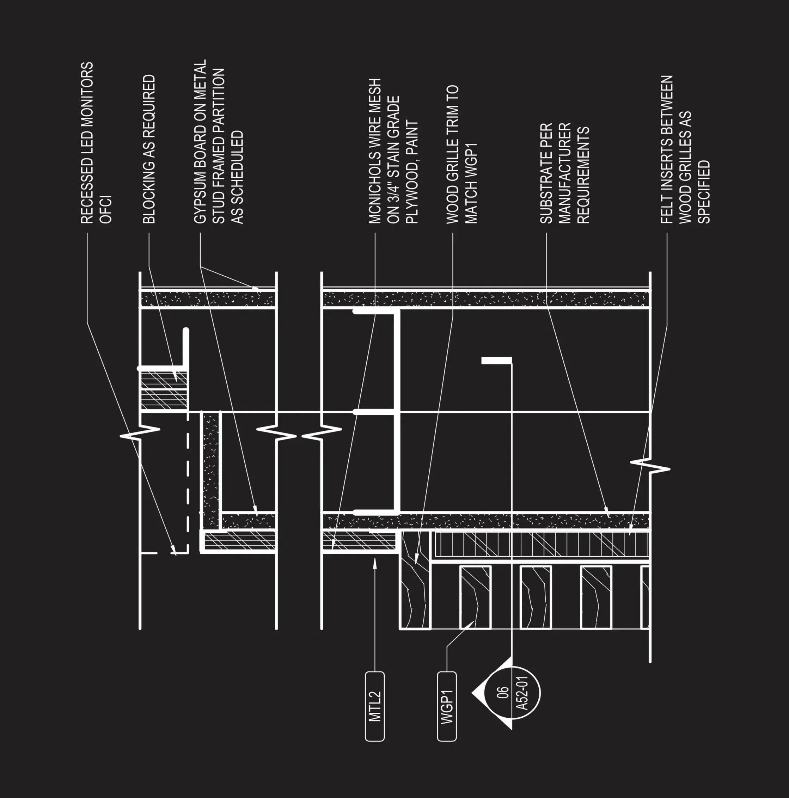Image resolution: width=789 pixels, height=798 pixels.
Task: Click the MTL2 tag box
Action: [375, 706]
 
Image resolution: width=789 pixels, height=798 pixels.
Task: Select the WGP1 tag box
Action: [447, 706]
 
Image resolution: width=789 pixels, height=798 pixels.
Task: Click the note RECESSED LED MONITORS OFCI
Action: [96, 143]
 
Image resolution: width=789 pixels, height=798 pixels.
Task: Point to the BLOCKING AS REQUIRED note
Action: [149, 149]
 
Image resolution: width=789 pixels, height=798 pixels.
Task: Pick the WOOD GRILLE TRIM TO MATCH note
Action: [462, 154]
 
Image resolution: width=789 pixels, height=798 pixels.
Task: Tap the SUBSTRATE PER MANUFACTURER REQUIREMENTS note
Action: [564, 173]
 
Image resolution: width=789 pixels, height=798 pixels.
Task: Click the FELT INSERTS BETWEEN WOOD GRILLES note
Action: [685, 149]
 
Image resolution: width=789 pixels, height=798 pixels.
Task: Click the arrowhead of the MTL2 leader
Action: [375, 561]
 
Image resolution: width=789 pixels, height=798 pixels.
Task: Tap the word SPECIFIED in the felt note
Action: [703, 192]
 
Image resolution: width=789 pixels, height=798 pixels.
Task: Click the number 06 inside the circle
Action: [503, 693]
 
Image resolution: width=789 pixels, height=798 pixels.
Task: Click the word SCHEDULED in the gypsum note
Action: [237, 178]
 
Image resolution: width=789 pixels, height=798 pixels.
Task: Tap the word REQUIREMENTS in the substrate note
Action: [583, 176]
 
